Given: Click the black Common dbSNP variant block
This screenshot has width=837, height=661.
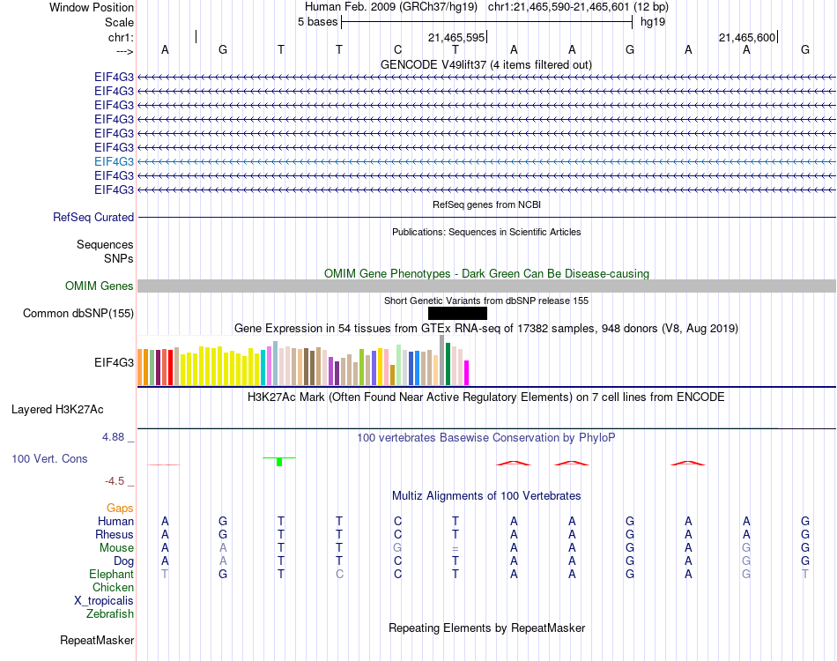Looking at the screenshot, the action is click(x=457, y=314).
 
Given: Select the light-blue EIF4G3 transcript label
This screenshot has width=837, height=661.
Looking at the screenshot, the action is click(x=114, y=161).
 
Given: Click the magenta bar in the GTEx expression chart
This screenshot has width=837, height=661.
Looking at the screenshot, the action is click(x=467, y=373).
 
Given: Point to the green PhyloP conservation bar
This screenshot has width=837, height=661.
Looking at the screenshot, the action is click(x=279, y=462).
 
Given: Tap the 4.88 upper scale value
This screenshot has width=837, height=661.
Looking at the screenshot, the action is click(x=113, y=437).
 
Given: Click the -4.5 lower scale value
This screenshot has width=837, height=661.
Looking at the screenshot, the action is click(x=115, y=481).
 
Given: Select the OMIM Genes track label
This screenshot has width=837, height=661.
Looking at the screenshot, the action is click(x=99, y=286).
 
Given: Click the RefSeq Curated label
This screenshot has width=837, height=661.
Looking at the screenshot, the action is click(x=93, y=218).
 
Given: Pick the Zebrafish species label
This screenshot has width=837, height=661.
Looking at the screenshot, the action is click(x=110, y=614).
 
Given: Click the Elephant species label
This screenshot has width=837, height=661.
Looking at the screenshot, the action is click(x=111, y=575).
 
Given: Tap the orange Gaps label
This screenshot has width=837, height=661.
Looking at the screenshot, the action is click(x=120, y=509).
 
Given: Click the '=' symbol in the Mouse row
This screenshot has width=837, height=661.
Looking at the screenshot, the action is click(x=456, y=548).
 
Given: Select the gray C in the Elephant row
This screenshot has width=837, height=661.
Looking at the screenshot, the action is click(x=339, y=575).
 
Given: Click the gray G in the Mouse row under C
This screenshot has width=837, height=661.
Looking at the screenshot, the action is click(x=397, y=548).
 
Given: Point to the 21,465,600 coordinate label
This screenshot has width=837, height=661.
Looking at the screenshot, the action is click(x=747, y=37).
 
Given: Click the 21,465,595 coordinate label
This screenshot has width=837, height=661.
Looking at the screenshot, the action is click(x=456, y=37).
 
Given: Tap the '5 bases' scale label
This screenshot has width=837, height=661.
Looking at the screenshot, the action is click(x=317, y=22).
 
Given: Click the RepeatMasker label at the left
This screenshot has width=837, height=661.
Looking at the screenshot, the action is click(x=97, y=640).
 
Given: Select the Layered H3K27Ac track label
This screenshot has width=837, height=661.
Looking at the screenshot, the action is click(x=57, y=410).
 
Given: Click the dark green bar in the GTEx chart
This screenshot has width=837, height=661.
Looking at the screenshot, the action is click(x=448, y=364).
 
